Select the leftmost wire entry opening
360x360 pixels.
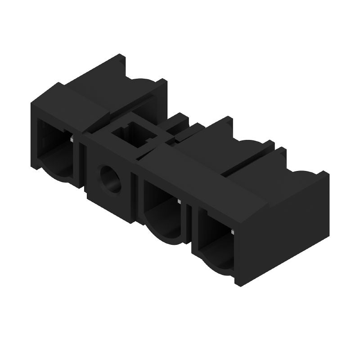click(54, 144)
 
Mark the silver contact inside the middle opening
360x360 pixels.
click(179, 202)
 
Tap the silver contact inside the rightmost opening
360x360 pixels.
click(234, 231)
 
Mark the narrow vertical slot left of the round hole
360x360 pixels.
click(85, 166)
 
